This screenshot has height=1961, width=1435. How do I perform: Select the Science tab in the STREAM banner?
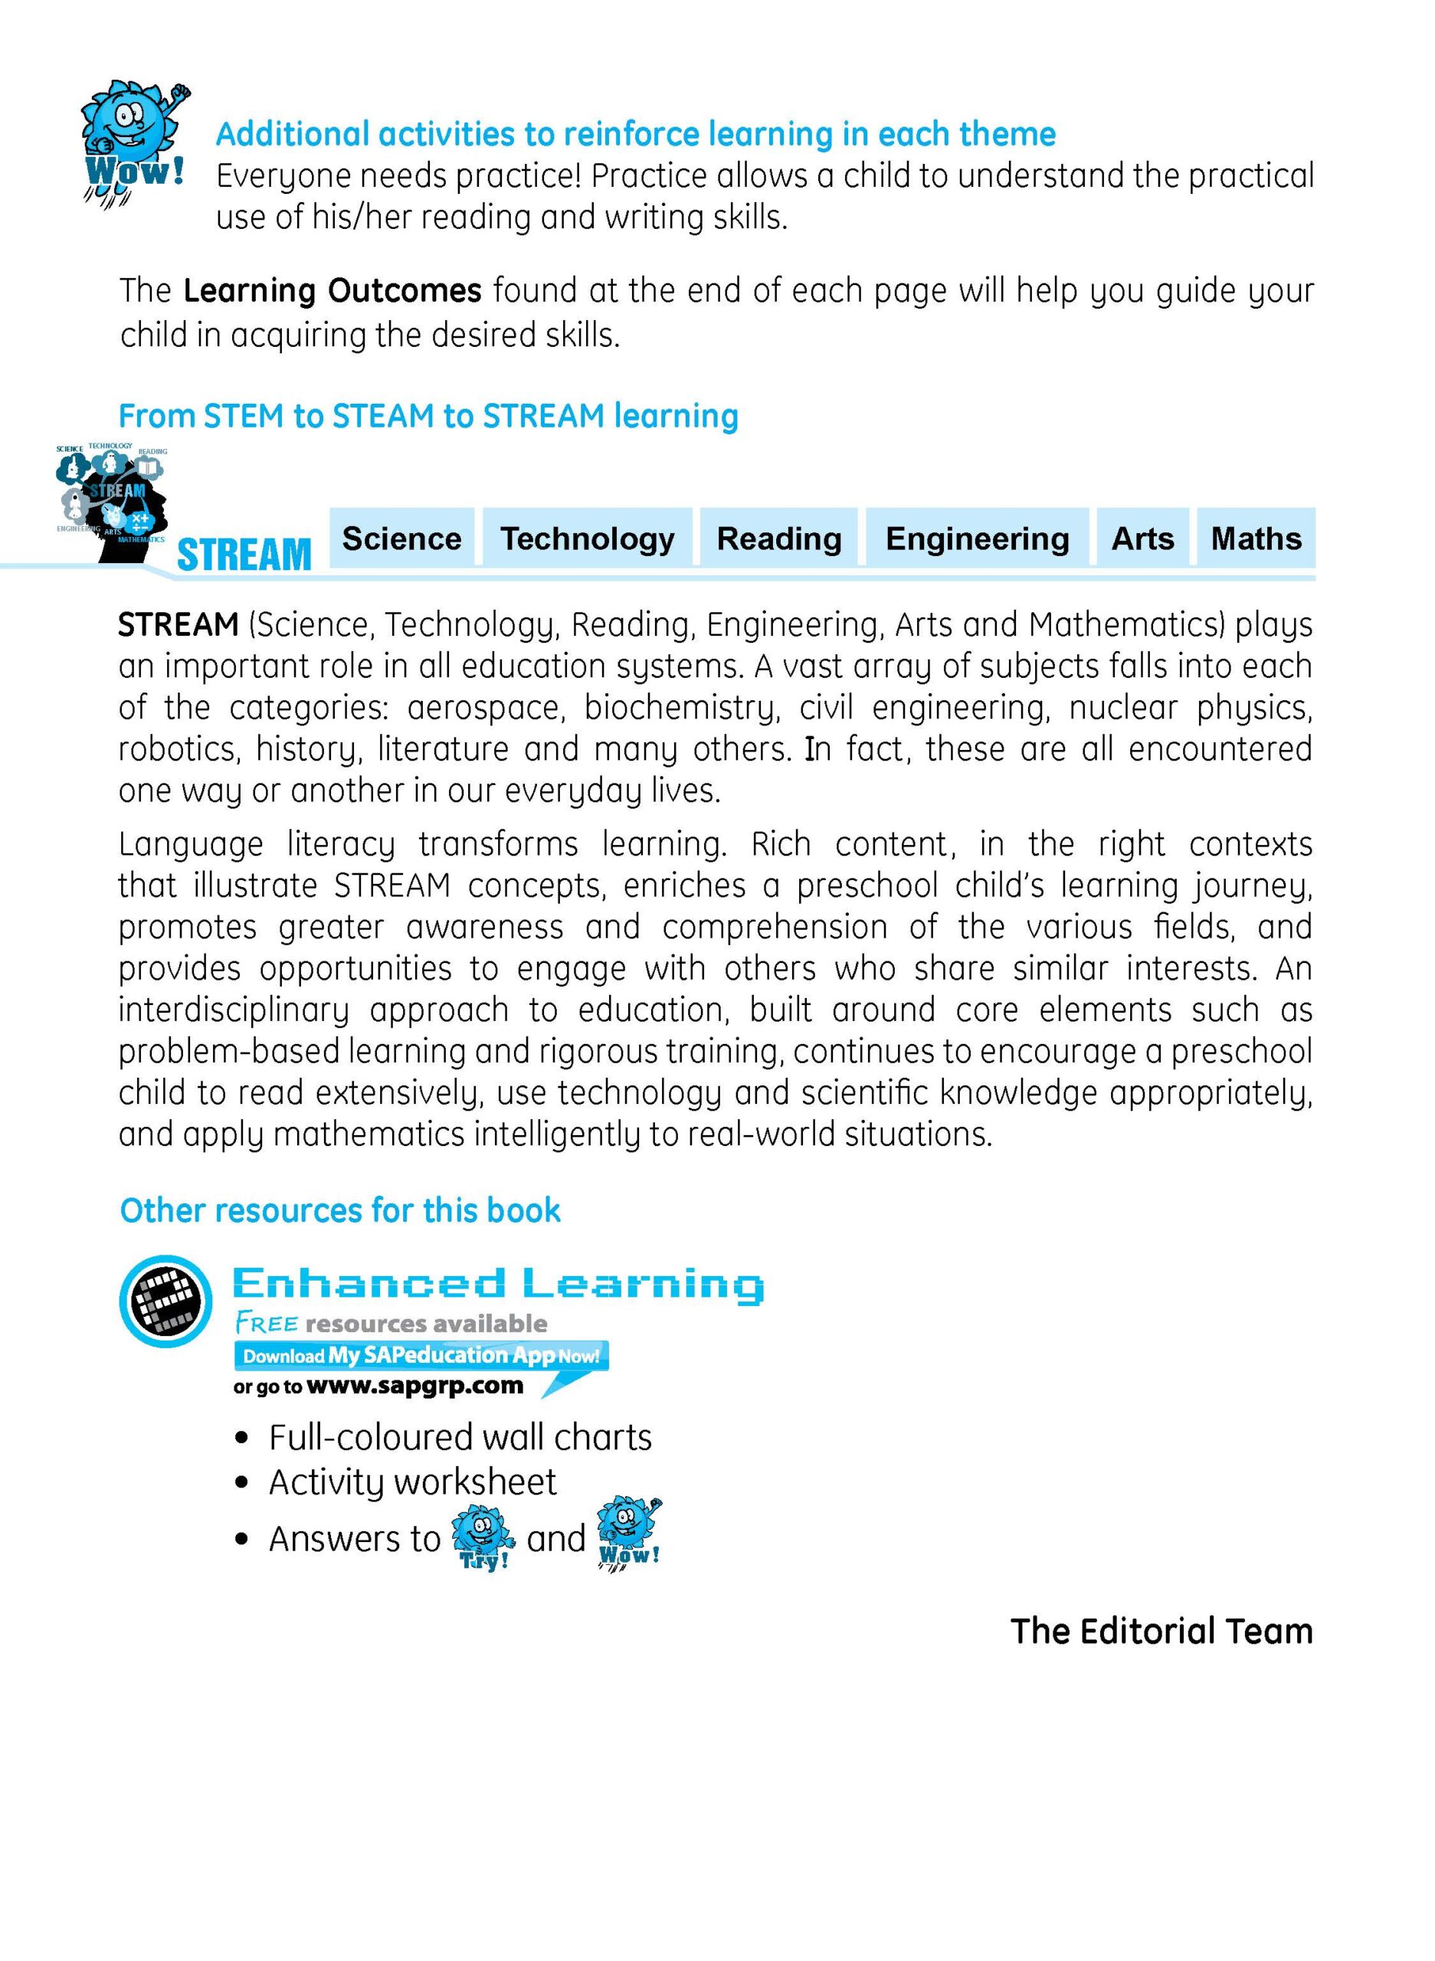point(401,539)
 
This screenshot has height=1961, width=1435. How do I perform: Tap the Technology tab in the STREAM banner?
point(587,539)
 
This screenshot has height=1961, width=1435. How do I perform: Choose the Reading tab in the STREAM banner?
point(778,539)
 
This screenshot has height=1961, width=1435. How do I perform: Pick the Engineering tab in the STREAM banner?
point(976,539)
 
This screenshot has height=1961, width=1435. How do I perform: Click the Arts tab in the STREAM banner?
point(1142,539)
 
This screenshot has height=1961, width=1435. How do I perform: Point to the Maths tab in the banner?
point(1255,539)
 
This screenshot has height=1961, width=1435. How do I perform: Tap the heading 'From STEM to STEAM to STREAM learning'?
point(428,416)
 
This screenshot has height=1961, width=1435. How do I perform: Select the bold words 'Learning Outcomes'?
point(332,290)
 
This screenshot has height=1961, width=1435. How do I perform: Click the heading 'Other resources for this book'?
point(339,1210)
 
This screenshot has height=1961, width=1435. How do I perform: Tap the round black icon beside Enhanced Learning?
point(165,1301)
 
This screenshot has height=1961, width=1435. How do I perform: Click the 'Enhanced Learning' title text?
point(498,1285)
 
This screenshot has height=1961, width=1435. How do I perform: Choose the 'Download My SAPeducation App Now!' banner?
point(421,1356)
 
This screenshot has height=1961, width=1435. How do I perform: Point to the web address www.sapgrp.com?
point(415,1385)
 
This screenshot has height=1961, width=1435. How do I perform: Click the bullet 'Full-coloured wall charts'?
point(460,1438)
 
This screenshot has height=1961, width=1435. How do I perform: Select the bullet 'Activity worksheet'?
point(411,1482)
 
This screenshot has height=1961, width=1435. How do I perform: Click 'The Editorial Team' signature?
point(1161,1631)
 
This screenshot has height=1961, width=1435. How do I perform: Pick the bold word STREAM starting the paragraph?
point(178,624)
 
